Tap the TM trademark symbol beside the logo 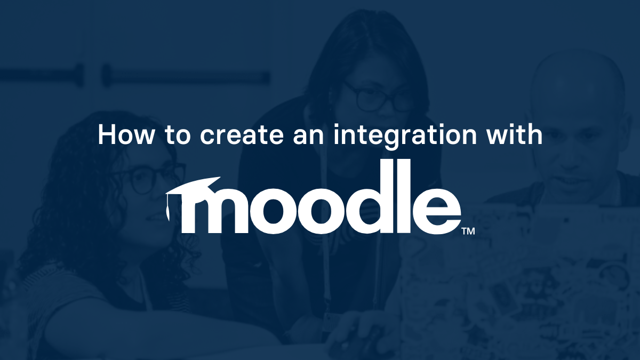[x=468, y=231]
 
